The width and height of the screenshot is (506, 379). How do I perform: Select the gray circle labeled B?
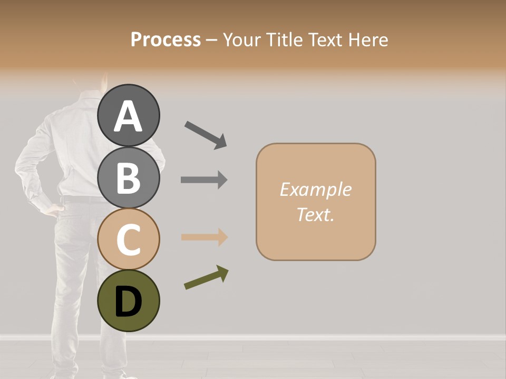coord(128,178)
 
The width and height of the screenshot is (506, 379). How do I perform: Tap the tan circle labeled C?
coord(128,240)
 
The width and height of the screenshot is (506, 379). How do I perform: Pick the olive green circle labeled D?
coord(128,301)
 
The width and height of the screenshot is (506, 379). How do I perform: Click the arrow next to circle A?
coord(206,134)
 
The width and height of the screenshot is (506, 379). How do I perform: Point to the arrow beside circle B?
coord(204,180)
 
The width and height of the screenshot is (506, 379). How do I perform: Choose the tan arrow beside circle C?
coord(204,237)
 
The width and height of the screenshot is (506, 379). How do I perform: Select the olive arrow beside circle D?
coord(206,277)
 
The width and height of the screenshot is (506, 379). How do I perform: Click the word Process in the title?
coord(166,39)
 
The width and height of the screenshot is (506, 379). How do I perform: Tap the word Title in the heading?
coord(285,39)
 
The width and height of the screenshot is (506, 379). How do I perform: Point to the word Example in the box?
coord(315,189)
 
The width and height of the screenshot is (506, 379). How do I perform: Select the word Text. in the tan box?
coord(315,214)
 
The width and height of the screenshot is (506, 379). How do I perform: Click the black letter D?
coord(128,302)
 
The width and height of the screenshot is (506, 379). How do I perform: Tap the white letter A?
coord(128,116)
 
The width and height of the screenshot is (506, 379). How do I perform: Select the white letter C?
coord(128,240)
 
